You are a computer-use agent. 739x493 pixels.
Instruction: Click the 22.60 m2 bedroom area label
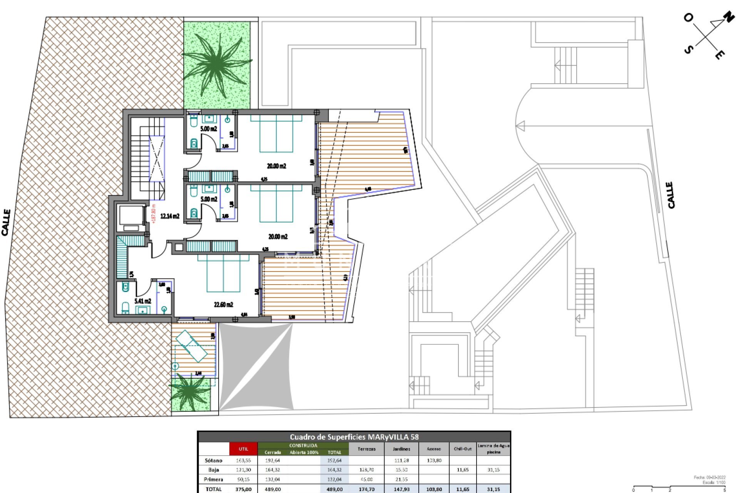point(223,305)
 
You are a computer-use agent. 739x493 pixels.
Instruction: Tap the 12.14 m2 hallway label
point(170,216)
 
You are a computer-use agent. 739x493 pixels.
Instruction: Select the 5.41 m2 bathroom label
point(142,301)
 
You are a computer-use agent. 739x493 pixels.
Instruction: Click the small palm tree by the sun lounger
point(190,392)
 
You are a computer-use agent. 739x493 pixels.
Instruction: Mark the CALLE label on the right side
point(671,195)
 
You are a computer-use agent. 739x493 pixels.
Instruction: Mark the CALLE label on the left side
point(6,223)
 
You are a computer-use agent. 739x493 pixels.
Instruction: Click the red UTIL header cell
point(243,449)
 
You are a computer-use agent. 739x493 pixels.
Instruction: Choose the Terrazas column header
point(366,449)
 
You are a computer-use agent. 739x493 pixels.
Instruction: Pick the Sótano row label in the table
point(213,461)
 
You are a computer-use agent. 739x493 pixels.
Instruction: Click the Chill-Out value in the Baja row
point(462,470)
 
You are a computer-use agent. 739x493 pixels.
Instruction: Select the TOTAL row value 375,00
point(243,489)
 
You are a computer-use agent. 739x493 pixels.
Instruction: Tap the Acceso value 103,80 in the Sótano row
point(434,461)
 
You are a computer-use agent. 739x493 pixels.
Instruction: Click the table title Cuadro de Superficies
point(354,437)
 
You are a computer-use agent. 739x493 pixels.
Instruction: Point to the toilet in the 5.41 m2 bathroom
point(125,308)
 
